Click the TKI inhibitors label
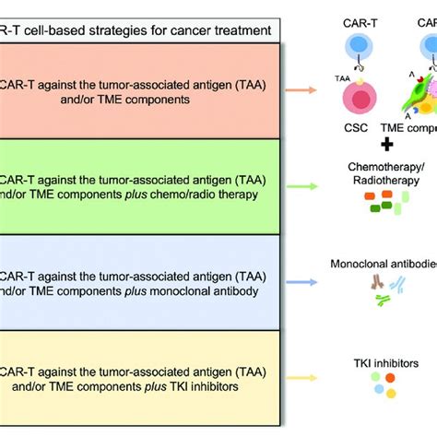387,338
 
